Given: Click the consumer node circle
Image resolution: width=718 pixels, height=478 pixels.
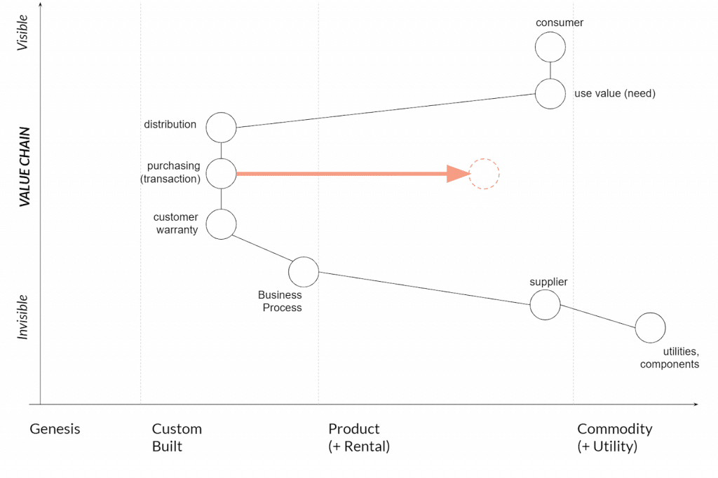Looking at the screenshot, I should pos(550,48).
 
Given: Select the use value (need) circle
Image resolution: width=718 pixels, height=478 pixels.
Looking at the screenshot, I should pos(550,93).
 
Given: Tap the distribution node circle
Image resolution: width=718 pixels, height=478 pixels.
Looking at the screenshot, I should pos(222,128).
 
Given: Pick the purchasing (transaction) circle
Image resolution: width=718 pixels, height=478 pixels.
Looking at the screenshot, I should pos(222,173).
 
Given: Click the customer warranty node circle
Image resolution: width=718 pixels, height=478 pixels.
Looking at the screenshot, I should pos(222,224).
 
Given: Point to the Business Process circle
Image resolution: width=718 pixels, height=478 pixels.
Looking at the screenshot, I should pos(304,272).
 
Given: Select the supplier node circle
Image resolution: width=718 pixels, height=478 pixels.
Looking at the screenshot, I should pos(545,305).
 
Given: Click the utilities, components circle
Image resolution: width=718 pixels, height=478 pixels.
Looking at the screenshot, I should pos(650,327).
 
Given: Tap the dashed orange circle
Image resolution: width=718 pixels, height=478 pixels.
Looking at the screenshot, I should pos(484,174).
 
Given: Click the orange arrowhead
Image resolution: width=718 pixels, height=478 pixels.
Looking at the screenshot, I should pos(458,174).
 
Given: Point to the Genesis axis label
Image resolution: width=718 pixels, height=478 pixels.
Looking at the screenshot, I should pos(55,429).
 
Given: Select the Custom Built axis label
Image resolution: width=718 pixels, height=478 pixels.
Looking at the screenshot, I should pos(177,437).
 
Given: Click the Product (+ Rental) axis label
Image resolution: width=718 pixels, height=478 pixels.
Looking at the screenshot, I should pos(358,437).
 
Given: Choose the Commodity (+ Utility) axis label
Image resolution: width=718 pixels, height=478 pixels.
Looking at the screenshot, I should pos(614,437).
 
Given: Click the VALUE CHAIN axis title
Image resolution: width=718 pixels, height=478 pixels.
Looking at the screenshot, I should pos(25,166).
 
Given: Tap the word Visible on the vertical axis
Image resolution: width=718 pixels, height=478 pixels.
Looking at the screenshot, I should pos(23,33).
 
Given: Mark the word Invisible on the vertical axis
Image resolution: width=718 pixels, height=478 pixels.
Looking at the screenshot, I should pos(23,317).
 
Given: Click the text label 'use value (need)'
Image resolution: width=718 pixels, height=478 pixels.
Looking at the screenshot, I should pos(614,93).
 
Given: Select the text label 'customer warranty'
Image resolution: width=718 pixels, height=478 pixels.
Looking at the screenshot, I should pos(175,224).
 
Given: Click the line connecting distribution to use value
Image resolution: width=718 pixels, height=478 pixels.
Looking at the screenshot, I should pos(386,111).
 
